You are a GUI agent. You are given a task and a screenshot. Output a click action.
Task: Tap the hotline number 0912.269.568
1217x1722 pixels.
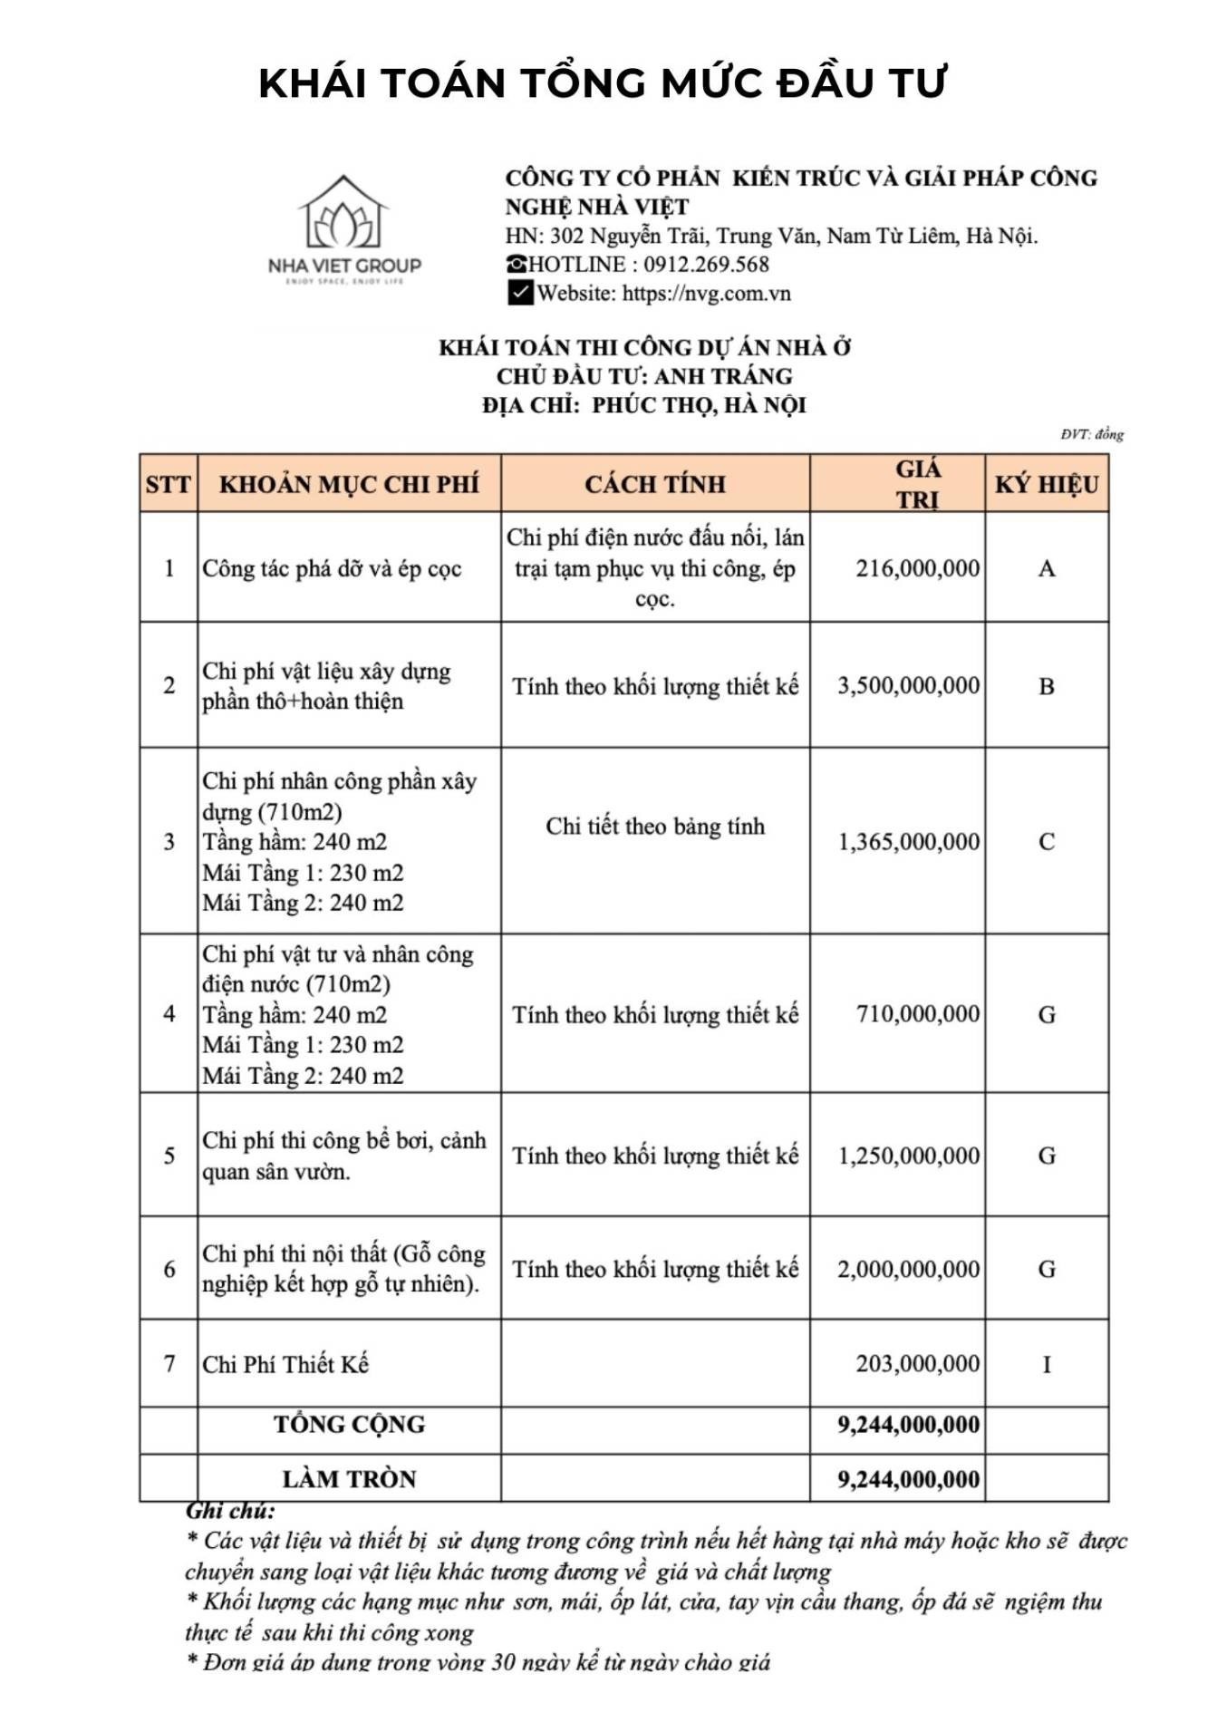point(706,265)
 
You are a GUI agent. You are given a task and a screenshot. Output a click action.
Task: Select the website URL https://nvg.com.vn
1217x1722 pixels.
point(706,294)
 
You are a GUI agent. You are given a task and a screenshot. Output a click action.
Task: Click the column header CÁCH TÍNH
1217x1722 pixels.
point(655,484)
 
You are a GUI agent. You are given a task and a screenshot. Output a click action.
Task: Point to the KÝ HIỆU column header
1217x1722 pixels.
point(1047,484)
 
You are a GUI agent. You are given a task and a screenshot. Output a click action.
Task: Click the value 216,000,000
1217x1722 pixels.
point(917,568)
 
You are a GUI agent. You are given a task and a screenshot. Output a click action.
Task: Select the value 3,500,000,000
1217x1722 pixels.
point(908,685)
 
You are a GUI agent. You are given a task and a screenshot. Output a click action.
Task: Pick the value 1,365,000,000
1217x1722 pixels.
point(908,842)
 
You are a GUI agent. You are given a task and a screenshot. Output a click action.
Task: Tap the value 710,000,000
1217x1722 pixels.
point(917,1014)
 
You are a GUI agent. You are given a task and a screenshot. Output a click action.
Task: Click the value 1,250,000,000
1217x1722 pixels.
point(908,1156)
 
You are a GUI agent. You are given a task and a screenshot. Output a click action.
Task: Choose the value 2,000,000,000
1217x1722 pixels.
point(908,1269)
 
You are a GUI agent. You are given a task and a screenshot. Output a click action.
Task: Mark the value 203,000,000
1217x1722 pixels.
point(917,1363)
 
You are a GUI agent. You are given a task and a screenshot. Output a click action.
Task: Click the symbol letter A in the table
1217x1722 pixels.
point(1047,568)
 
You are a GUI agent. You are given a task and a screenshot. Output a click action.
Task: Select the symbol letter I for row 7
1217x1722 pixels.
point(1047,1364)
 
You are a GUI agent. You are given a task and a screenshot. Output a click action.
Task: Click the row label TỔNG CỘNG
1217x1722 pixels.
point(350,1424)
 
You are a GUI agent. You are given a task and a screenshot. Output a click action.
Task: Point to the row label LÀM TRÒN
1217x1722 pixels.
point(350,1479)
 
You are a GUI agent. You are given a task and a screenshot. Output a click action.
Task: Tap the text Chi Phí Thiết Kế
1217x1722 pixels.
point(285,1364)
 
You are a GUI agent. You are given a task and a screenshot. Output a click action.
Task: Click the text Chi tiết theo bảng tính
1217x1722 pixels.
point(655,826)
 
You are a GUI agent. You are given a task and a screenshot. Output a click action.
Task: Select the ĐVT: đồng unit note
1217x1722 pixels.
point(1092,434)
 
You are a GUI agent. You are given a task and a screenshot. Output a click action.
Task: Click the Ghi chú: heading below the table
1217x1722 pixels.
point(230,1511)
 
